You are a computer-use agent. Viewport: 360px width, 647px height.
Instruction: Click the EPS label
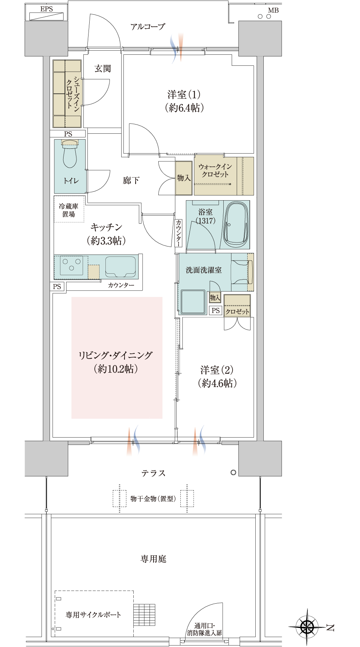47,9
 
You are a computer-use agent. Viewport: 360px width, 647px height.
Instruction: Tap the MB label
273,10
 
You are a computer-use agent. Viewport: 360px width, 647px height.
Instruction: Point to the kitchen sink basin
120,267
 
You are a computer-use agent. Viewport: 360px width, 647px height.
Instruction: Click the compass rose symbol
307,627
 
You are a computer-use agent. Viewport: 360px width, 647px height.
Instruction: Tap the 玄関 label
102,68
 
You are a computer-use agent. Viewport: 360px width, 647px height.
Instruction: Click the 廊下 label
131,180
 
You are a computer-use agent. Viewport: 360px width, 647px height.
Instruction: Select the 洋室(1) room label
184,101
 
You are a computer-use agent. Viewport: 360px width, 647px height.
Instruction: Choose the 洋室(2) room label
217,377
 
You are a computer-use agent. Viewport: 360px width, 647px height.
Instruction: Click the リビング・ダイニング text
116,355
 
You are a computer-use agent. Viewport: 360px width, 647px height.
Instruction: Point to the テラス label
154,473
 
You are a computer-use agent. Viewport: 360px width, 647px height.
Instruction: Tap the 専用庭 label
154,559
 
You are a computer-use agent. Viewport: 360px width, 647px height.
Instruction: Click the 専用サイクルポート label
93,615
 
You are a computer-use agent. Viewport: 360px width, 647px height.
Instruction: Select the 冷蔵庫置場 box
69,209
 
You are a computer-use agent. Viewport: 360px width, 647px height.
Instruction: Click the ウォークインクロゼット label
215,170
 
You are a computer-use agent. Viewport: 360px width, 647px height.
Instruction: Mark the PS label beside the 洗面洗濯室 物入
216,310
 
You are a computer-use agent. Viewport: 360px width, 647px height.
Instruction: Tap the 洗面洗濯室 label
204,270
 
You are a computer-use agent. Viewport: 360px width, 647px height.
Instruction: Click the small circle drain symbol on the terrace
233,472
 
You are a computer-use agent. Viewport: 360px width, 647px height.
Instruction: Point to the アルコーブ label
148,26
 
